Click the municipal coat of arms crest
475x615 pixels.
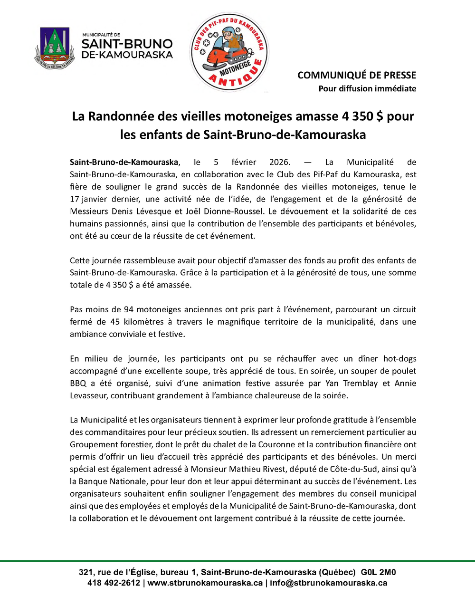tap(55, 48)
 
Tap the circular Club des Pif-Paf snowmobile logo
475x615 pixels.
tap(229, 51)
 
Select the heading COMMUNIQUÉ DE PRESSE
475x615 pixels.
tap(357, 75)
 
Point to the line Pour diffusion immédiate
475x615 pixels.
tap(367, 88)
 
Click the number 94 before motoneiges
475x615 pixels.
tap(129, 309)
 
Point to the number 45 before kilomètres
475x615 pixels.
tap(115, 322)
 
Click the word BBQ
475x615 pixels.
tap(78, 384)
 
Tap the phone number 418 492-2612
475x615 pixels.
tap(114, 583)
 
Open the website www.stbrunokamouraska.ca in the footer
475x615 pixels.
tap(205, 583)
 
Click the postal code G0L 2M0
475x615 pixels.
tap(378, 572)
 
